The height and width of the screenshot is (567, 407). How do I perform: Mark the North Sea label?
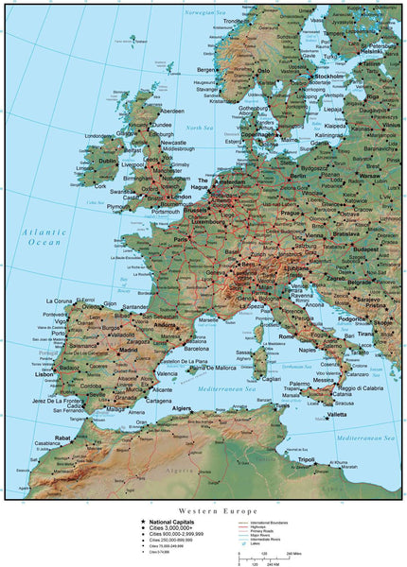[x=199, y=127]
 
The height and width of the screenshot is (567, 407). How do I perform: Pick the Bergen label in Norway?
[x=208, y=69]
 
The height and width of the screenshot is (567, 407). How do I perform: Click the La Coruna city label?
[x=62, y=301]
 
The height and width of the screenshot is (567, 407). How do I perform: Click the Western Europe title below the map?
[x=203, y=508]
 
